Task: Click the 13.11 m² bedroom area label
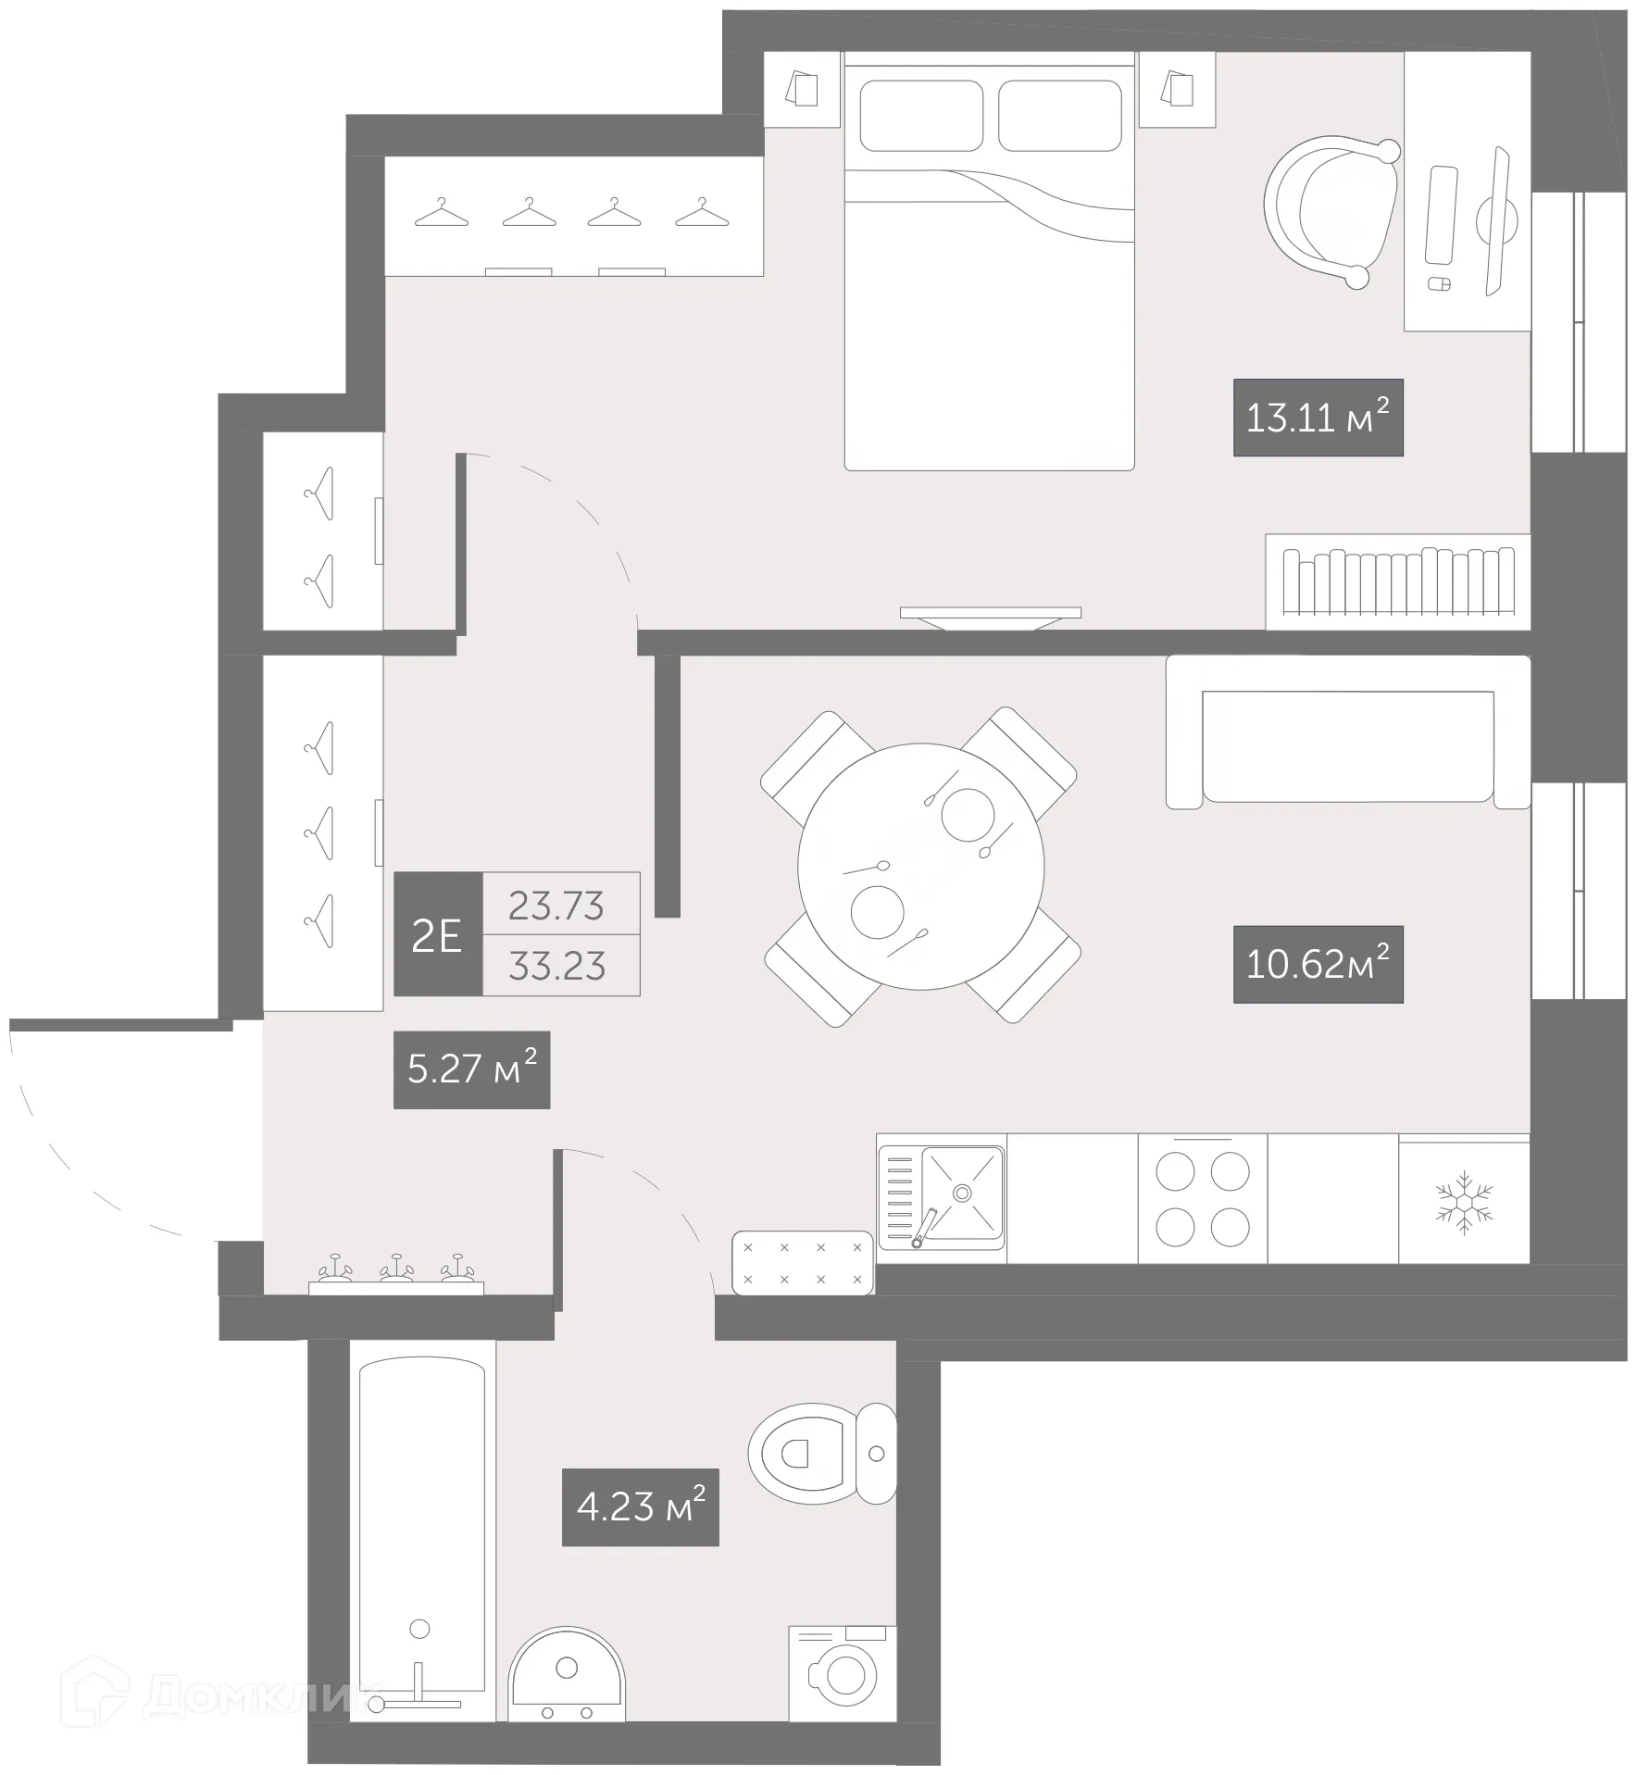coord(1318,418)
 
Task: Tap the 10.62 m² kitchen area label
coord(1318,964)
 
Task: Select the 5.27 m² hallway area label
coord(471,1069)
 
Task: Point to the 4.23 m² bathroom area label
coord(640,1506)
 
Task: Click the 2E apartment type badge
coord(438,934)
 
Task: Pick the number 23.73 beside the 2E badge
coord(556,905)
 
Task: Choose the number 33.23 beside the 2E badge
coord(556,966)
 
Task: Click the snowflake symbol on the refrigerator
coord(1463,1202)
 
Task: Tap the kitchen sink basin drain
coord(963,1193)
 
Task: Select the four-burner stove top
coord(1202,1199)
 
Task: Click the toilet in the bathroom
coord(815,1454)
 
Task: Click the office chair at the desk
coord(1333,211)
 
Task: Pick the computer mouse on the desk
coord(1438,283)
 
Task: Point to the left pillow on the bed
coord(920,116)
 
